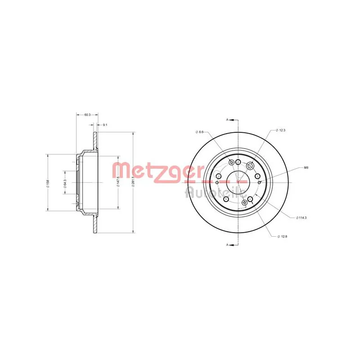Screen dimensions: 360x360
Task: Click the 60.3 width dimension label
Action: click(x=87, y=115)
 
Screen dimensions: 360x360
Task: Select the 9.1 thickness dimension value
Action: click(x=105, y=124)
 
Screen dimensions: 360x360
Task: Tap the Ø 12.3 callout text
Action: click(x=282, y=130)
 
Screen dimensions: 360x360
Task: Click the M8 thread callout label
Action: click(x=306, y=168)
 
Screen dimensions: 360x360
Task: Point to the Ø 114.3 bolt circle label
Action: click(x=301, y=218)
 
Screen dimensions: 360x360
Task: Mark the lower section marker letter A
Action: click(x=228, y=245)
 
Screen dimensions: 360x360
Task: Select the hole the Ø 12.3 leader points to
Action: click(x=251, y=166)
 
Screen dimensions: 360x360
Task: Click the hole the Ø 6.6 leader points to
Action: click(x=231, y=162)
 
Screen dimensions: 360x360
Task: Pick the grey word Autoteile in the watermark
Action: click(x=215, y=192)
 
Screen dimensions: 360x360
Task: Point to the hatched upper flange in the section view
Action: click(x=95, y=140)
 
